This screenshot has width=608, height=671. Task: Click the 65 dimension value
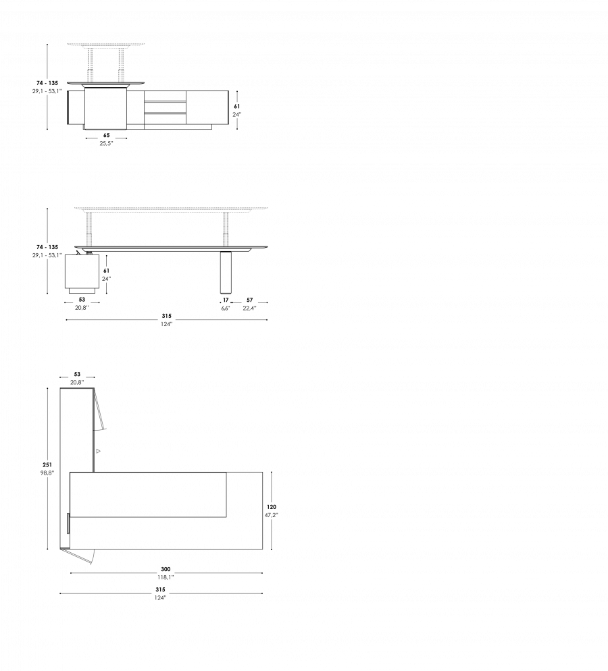coord(106,136)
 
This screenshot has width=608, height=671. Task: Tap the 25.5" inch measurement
coord(106,144)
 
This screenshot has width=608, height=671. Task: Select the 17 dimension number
coord(226,300)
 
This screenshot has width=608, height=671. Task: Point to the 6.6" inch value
coord(226,308)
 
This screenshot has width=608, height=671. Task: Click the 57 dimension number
coord(249,300)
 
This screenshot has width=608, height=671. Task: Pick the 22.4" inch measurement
coord(249,308)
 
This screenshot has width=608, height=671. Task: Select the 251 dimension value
coord(47,465)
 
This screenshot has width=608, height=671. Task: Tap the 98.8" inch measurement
coord(47,473)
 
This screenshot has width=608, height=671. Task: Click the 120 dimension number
coord(271,507)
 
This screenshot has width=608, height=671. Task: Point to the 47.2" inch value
coord(271,515)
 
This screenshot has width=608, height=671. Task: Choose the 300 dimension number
coord(166,569)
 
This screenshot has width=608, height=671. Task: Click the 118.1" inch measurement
coord(166,578)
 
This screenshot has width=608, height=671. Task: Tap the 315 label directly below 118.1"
coord(160,590)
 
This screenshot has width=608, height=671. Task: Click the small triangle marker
coord(98,451)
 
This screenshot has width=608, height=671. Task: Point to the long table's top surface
coord(171,209)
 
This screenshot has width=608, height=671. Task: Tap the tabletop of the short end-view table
coord(105,45)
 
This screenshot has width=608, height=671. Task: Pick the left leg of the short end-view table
coord(90,65)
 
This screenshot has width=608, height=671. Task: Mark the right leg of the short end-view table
coord(122,65)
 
